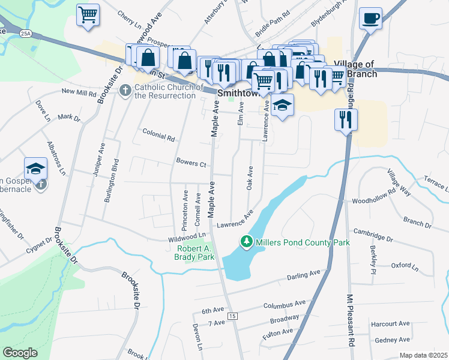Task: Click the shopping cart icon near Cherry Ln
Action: (x=88, y=14)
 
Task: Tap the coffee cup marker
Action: (x=370, y=18)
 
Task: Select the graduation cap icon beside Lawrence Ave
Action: (x=282, y=106)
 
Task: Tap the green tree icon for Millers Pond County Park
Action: (x=246, y=242)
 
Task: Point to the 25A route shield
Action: (x=25, y=32)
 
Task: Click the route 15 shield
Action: (x=233, y=316)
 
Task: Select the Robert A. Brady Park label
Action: (x=196, y=252)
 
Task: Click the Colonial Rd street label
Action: (x=158, y=136)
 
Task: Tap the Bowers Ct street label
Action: (x=191, y=163)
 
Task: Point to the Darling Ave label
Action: (x=304, y=275)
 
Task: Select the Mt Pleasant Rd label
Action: (x=349, y=319)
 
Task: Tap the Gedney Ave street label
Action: (x=391, y=340)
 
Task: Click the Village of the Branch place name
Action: (x=355, y=69)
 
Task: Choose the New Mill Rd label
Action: (x=79, y=92)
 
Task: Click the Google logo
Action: (x=20, y=353)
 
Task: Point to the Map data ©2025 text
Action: (x=423, y=355)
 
